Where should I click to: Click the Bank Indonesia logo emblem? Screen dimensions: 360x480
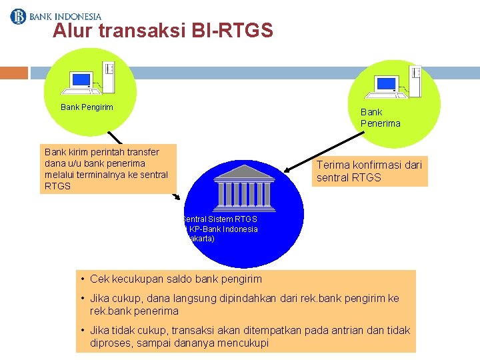pyautogui.click(x=17, y=15)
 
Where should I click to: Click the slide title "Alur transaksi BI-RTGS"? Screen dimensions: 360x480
pyautogui.click(x=163, y=31)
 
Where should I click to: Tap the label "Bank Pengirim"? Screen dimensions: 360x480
pyautogui.click(x=87, y=107)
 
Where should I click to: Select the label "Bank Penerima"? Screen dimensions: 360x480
pyautogui.click(x=380, y=117)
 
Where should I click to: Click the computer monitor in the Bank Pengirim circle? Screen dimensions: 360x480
pyautogui.click(x=81, y=81)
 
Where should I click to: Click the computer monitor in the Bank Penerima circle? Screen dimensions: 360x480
pyautogui.click(x=386, y=83)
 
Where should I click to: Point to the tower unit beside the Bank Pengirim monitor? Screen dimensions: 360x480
pyautogui.click(x=108, y=75)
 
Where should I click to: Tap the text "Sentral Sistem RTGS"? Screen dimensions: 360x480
pyautogui.click(x=220, y=219)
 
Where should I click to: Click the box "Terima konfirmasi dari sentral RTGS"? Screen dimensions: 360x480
pyautogui.click(x=369, y=171)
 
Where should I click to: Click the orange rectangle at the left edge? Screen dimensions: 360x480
pyautogui.click(x=14, y=73)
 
